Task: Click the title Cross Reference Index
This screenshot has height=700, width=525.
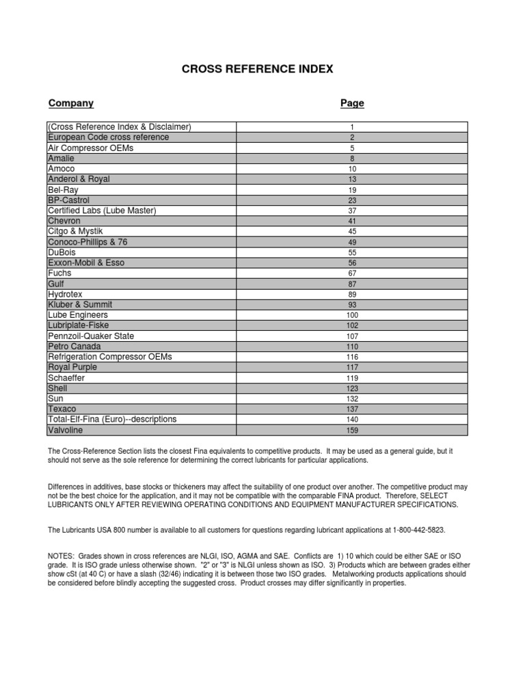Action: coord(257,70)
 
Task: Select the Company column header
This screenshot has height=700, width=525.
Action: coord(71,103)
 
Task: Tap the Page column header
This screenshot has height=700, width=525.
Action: coord(352,103)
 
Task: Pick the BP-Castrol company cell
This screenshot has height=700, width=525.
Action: coord(69,200)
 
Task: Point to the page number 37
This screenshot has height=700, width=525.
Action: coord(352,211)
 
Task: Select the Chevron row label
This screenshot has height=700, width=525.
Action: coord(64,221)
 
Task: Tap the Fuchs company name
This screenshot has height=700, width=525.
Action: coord(59,273)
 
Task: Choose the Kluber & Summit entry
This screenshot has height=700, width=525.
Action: coord(80,305)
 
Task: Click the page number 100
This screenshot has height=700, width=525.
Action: coord(352,316)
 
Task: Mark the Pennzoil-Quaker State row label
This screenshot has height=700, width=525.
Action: coord(91,336)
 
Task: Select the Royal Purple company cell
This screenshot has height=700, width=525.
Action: coord(72,367)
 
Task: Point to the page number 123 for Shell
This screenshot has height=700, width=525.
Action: coord(352,389)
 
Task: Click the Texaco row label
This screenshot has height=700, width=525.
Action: coord(62,409)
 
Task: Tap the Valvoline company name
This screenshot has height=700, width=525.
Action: coord(66,430)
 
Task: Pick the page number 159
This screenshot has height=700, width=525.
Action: coord(352,431)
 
